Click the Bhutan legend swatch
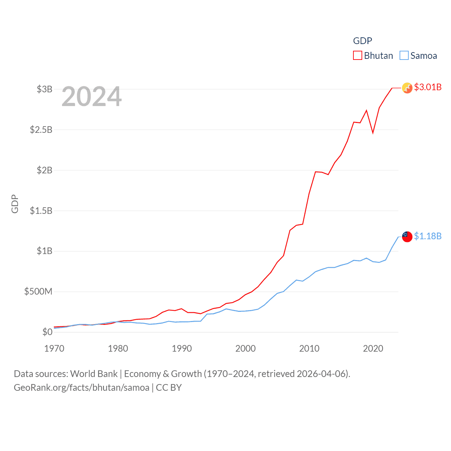click(357, 56)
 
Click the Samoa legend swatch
click(404, 56)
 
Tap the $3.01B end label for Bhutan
click(427, 87)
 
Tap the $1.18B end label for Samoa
click(427, 236)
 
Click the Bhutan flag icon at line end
click(407, 88)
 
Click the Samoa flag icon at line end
click(407, 237)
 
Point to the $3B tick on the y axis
click(44, 89)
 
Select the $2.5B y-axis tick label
click(41, 130)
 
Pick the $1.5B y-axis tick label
click(41, 211)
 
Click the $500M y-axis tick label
click(38, 291)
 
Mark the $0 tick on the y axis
click(47, 332)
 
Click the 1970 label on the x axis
click(54, 348)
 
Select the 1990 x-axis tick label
click(182, 348)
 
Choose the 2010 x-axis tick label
click(309, 348)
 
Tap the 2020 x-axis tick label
click(373, 348)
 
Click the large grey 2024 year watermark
click(92, 97)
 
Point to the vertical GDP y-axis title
click(15, 204)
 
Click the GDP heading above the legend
click(363, 41)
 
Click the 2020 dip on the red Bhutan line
click(373, 133)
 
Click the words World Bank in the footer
click(94, 373)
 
